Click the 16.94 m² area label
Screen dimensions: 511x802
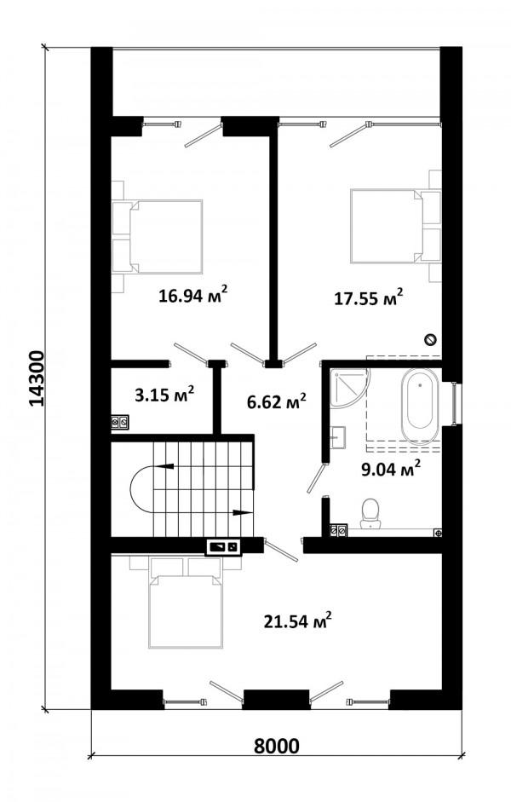192,295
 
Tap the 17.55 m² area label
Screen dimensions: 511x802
369,297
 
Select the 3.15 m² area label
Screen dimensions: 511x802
164,395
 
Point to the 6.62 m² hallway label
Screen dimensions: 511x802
277,402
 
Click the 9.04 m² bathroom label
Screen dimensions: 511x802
391,469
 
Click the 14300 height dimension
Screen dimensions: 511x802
37,378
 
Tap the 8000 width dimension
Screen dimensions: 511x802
277,747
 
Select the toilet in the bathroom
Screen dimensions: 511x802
370,514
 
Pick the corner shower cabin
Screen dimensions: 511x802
348,387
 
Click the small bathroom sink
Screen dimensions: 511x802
337,437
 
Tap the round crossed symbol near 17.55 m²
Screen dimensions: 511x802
431,338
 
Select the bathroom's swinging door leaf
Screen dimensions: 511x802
316,478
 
